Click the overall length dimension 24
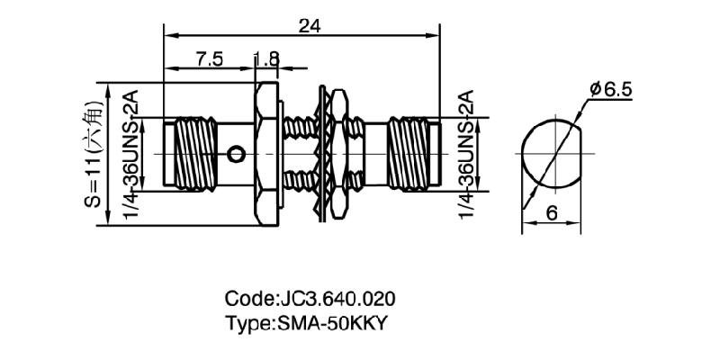[309, 26]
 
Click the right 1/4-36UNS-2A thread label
[464, 154]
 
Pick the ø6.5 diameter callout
[613, 89]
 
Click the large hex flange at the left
[265, 154]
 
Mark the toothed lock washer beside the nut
[320, 154]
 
